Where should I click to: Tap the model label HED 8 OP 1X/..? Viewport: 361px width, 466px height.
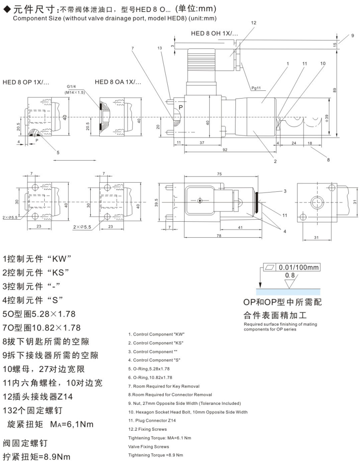pyautogui.click(x=26, y=82)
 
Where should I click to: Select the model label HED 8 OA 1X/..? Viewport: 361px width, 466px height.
pyautogui.click(x=118, y=82)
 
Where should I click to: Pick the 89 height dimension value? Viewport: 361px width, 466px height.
pyautogui.click(x=335, y=90)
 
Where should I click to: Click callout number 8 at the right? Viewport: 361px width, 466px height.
pyautogui.click(x=328, y=160)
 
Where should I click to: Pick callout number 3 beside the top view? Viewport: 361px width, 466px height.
pyautogui.click(x=285, y=191)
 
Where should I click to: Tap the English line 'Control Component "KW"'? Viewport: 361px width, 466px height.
pyautogui.click(x=155, y=334)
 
